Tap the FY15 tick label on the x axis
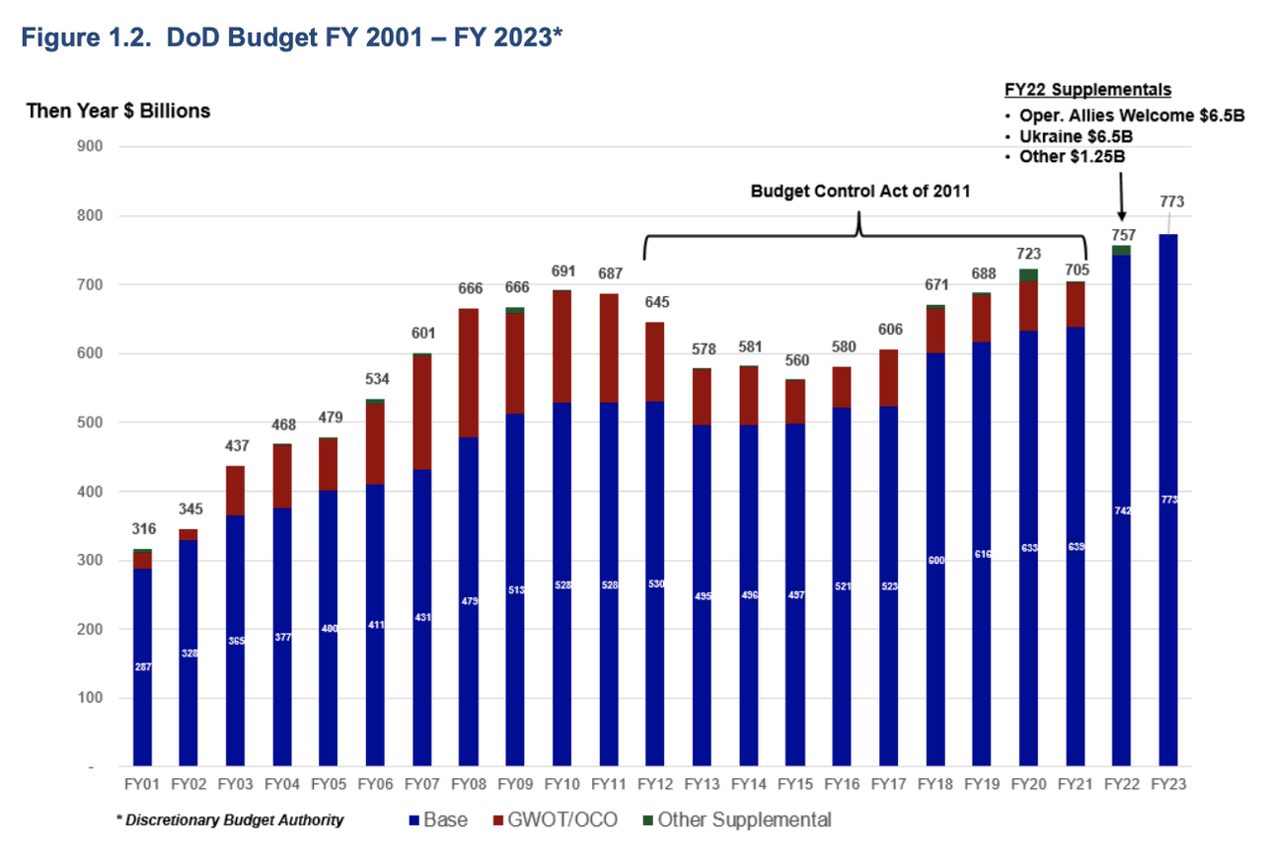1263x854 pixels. pos(795,784)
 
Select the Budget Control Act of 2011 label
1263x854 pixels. pos(859,192)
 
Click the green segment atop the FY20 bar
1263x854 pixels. pos(1028,274)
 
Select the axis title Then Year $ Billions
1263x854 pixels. pos(118,111)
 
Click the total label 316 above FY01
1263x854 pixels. pos(143,530)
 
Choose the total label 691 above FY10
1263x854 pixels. pos(562,272)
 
